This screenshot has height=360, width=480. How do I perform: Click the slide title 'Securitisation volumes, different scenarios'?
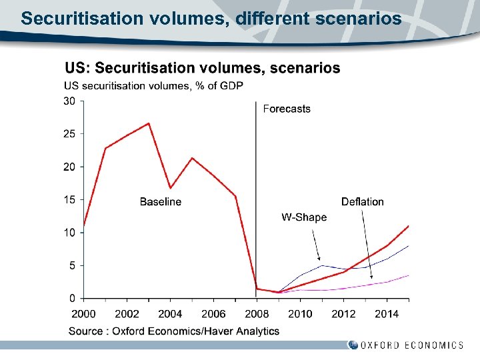[211, 18]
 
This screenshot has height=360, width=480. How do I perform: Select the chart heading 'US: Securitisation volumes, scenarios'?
[202, 68]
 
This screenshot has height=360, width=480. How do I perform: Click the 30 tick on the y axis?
[69, 101]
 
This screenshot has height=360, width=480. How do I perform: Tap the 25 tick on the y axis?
[69, 134]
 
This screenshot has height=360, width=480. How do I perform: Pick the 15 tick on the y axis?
[69, 199]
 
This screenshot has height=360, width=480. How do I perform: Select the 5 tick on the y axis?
[72, 265]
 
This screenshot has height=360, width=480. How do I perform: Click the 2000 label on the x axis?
[83, 314]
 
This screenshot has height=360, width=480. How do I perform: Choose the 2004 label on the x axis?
[170, 314]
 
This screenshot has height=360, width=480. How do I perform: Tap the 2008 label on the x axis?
[257, 314]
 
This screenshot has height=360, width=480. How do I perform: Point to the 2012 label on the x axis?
[343, 314]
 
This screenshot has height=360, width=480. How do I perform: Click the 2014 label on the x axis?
[387, 314]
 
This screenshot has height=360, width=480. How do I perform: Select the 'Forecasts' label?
[287, 109]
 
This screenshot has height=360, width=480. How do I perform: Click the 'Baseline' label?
[160, 202]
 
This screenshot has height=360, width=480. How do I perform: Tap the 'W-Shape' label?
[304, 217]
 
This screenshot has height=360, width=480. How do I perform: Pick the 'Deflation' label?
[362, 202]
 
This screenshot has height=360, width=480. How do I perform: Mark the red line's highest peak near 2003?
[149, 123]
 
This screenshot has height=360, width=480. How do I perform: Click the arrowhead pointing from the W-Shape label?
[319, 259]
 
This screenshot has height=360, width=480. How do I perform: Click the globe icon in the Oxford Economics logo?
[353, 345]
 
